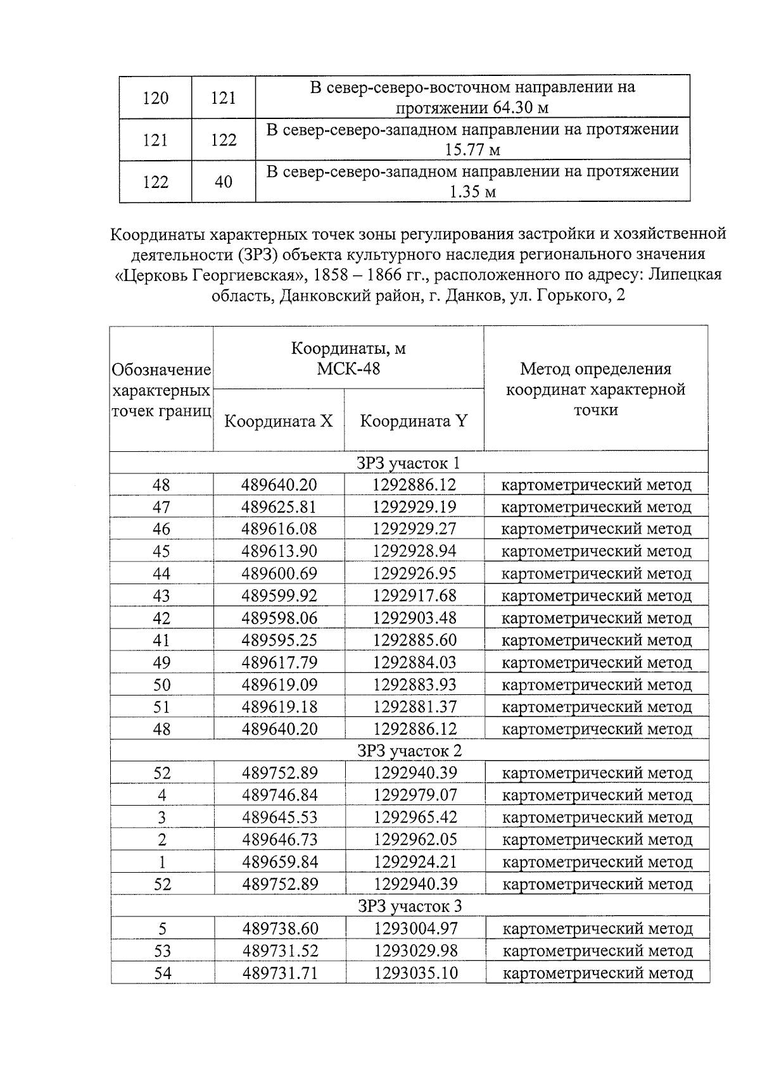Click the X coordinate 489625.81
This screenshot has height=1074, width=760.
pyautogui.click(x=279, y=507)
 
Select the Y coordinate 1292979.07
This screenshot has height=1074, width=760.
pyautogui.click(x=415, y=795)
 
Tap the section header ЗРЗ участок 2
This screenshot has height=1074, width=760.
pyautogui.click(x=409, y=751)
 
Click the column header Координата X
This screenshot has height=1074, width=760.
pyautogui.click(x=279, y=421)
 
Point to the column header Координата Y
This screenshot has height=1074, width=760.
pyautogui.click(x=414, y=421)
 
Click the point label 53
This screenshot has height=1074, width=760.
pyautogui.click(x=162, y=951)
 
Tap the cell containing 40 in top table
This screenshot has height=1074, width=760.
pyautogui.click(x=223, y=182)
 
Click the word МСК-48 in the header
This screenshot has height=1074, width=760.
pyautogui.click(x=348, y=368)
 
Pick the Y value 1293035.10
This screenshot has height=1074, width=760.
pyautogui.click(x=415, y=973)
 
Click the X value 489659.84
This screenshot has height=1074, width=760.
pyautogui.click(x=280, y=862)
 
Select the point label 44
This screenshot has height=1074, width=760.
pyautogui.click(x=161, y=573)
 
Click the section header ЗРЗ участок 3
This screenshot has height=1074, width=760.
pyautogui.click(x=409, y=906)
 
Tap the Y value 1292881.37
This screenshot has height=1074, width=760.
pyautogui.click(x=415, y=707)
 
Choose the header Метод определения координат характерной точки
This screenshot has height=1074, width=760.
pyautogui.click(x=595, y=389)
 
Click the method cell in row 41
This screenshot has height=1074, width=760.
pyautogui.click(x=596, y=640)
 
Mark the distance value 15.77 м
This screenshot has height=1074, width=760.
pyautogui.click(x=472, y=150)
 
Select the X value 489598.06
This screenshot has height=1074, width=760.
pyautogui.click(x=279, y=618)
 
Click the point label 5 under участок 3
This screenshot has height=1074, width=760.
pyautogui.click(x=162, y=929)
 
